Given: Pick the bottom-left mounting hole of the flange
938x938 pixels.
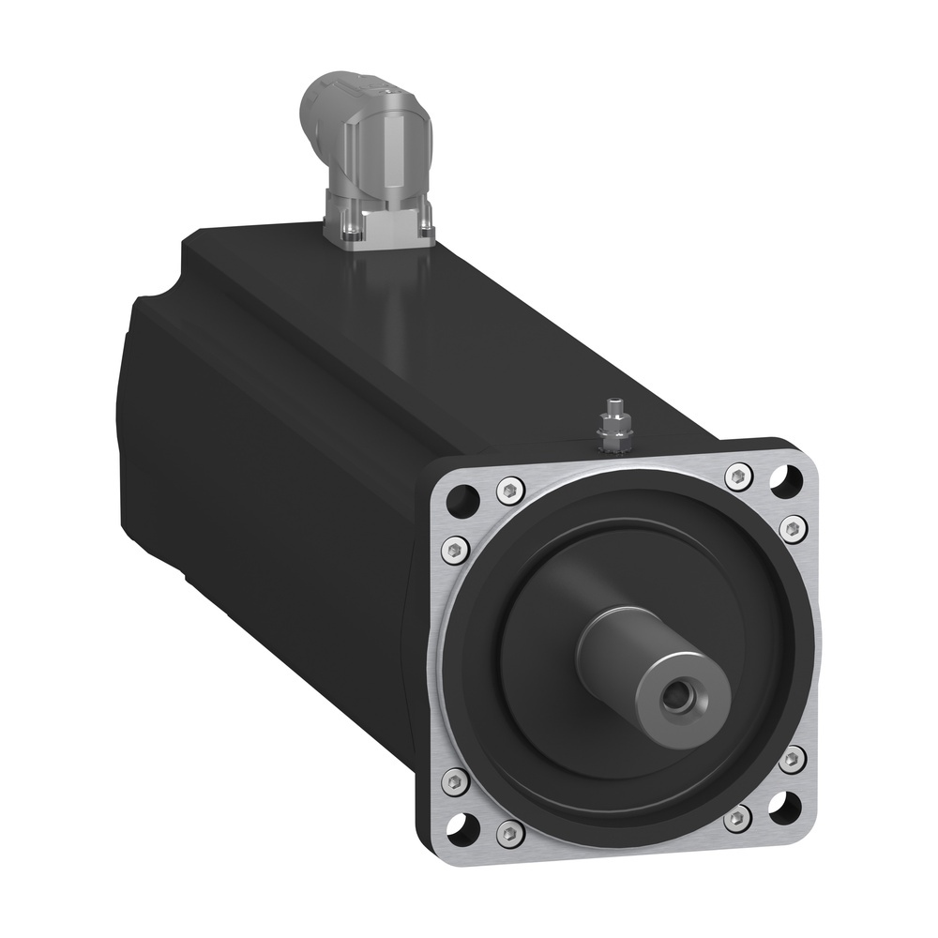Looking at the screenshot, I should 465,826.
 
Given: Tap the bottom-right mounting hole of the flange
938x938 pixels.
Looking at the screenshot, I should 785,806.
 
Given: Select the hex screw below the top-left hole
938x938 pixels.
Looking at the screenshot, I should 456,549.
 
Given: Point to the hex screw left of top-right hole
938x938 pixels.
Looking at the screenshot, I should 738,476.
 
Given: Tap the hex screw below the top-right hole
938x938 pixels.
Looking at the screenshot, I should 794,530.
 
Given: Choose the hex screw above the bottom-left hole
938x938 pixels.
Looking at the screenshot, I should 456,779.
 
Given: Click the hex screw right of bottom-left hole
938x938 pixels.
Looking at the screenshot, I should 511,830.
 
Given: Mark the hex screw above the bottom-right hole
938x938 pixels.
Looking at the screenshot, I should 794,758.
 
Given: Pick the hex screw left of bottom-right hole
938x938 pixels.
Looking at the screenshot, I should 738,819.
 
